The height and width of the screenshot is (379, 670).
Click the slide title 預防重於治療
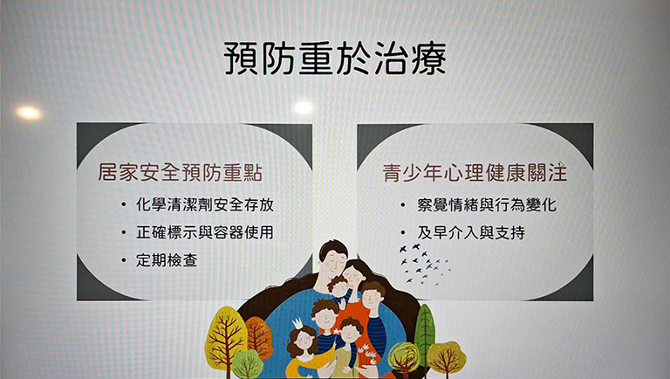(x=335, y=59)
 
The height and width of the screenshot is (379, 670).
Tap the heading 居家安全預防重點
(x=180, y=172)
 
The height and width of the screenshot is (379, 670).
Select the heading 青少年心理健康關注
(x=475, y=172)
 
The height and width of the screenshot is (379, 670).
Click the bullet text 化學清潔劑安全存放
(x=205, y=205)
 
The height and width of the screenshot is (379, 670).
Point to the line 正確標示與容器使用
(x=205, y=232)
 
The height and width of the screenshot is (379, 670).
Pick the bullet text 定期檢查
(x=167, y=260)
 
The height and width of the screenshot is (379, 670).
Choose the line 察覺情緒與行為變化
(x=487, y=205)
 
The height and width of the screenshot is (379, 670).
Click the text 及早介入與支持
(x=471, y=232)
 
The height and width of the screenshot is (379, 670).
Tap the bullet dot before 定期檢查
(x=124, y=260)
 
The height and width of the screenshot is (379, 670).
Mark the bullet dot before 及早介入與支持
(x=403, y=233)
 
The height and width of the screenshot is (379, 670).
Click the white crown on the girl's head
(x=297, y=323)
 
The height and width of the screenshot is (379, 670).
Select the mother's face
(x=354, y=276)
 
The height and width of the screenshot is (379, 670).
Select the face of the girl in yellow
(x=304, y=341)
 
